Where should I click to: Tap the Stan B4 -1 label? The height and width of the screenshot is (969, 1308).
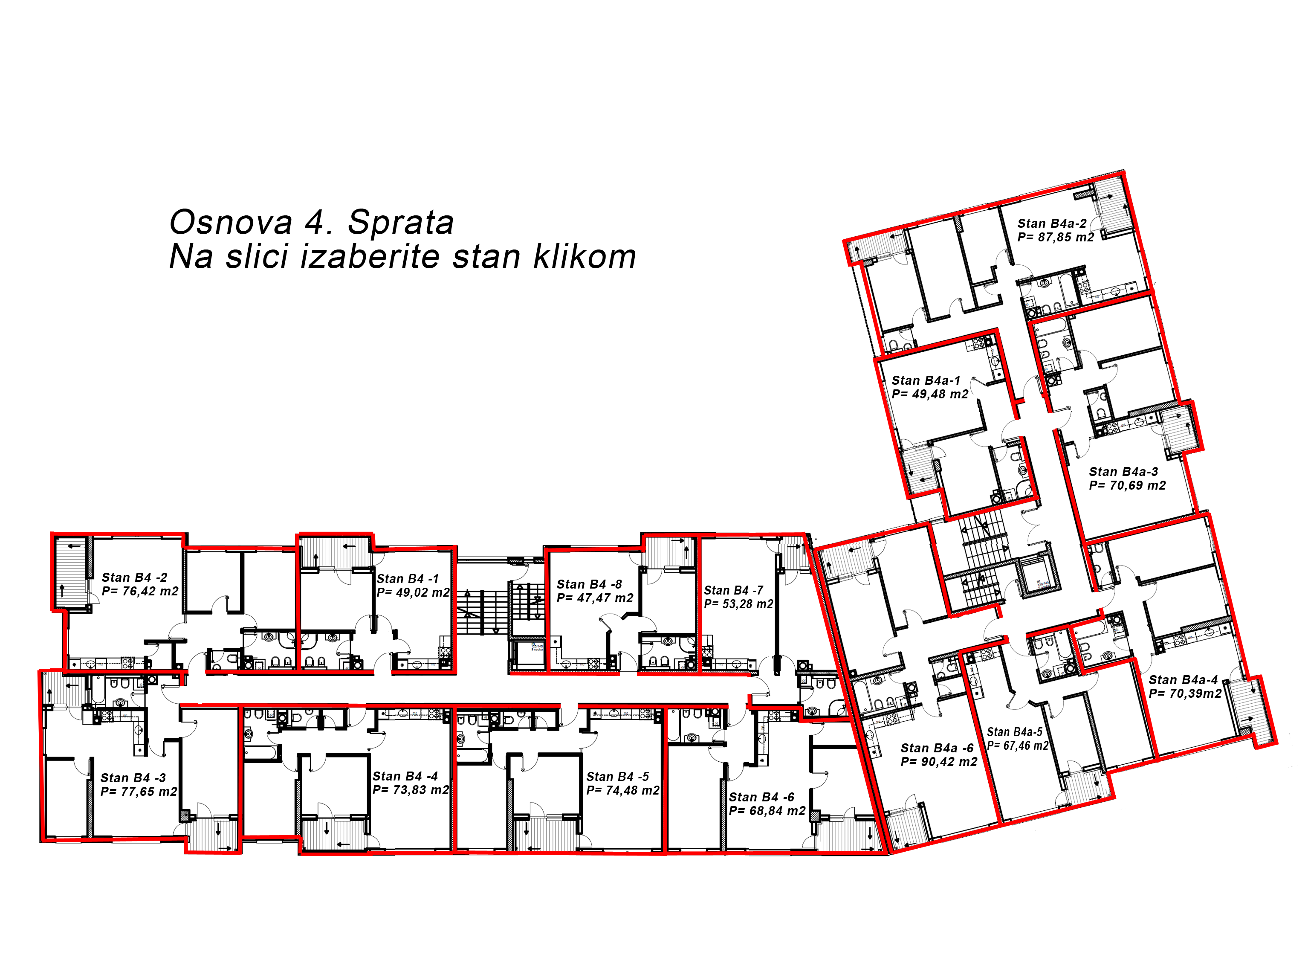click(408, 579)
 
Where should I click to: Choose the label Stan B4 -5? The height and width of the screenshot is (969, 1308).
click(618, 777)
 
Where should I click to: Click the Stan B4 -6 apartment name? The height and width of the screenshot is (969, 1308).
click(761, 797)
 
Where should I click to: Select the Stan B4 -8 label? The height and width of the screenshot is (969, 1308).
click(589, 584)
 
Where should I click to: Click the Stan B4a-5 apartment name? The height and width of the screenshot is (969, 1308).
click(1015, 732)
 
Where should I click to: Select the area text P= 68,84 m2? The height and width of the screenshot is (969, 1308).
click(767, 811)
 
